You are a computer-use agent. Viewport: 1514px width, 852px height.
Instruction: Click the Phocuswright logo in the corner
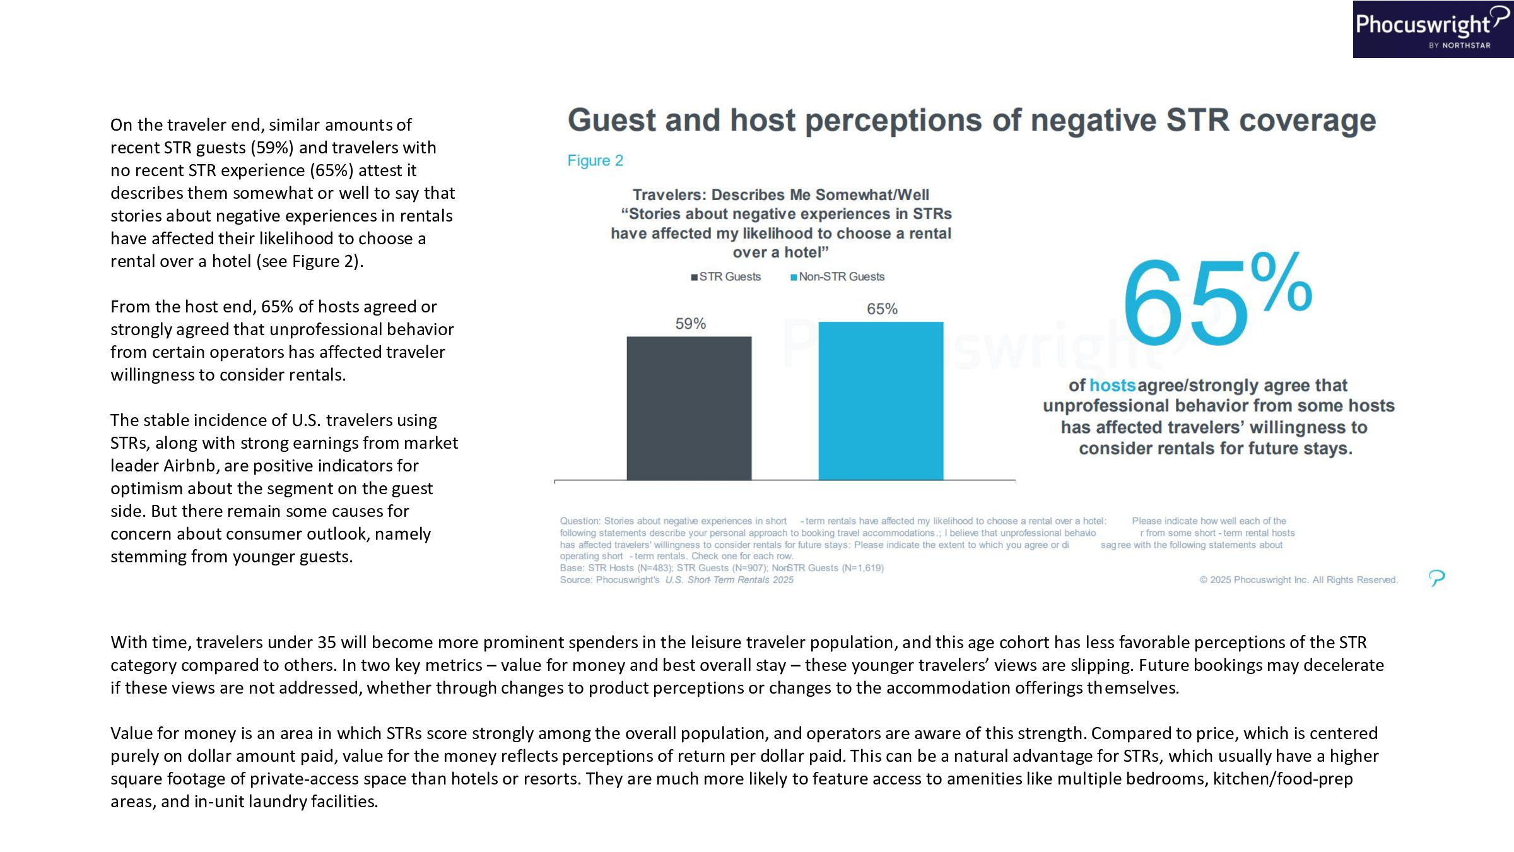point(1432,29)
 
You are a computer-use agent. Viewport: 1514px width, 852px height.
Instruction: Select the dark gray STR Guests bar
point(689,408)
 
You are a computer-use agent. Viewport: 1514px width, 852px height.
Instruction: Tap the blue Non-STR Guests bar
point(881,401)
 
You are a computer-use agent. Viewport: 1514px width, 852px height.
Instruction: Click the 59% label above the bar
point(690,324)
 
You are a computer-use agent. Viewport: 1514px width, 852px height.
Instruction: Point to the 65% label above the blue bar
point(882,309)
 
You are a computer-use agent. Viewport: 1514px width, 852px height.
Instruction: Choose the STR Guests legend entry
point(726,277)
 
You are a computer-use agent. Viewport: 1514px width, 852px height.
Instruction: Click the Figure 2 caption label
point(595,161)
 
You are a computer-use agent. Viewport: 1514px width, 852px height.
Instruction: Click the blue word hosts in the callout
point(1112,386)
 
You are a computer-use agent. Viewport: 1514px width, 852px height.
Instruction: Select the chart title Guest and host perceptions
point(971,121)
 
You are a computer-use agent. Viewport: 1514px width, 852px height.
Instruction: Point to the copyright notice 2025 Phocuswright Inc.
point(1298,580)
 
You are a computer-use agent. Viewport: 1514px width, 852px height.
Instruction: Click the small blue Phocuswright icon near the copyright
point(1436,577)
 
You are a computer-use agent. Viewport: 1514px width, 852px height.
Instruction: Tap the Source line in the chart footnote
point(676,580)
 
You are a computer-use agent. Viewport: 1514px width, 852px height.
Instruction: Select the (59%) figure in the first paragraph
point(272,148)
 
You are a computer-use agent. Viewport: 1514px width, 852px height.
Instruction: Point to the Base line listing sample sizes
point(722,568)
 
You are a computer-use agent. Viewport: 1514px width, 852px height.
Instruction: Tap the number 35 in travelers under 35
point(327,642)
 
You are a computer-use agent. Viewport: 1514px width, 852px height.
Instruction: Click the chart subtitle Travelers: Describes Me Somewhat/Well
point(780,195)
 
